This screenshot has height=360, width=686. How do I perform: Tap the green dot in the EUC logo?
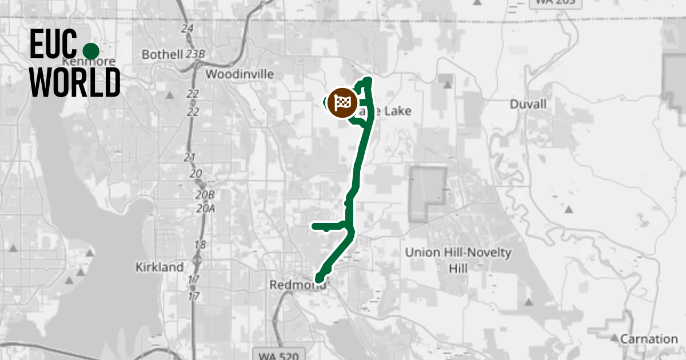(x=91, y=50)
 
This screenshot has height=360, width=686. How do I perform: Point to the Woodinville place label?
(x=240, y=74)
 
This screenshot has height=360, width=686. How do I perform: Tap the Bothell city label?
(x=162, y=55)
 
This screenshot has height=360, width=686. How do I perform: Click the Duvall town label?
(x=528, y=105)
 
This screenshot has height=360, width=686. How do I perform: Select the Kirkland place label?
(x=159, y=267)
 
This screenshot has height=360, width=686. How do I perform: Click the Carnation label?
(x=649, y=339)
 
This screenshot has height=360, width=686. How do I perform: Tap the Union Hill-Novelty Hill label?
(x=458, y=260)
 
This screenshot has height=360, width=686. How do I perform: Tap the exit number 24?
(x=186, y=29)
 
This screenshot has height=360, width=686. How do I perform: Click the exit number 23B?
(x=195, y=54)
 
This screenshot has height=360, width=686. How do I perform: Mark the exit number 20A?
(x=205, y=209)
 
